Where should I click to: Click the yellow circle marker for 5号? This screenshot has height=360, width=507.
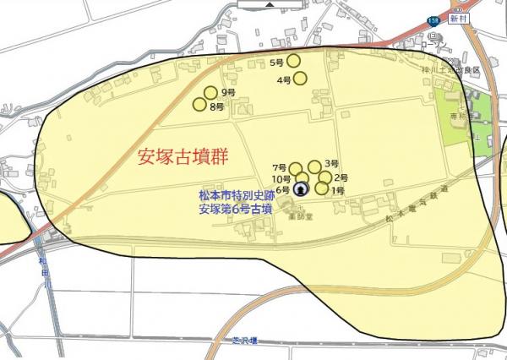[x=294, y=60]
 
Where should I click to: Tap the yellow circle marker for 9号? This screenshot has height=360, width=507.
[x=210, y=93]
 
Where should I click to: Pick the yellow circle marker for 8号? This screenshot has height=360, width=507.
[x=200, y=105]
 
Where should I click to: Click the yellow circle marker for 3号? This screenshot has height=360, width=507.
[x=314, y=166]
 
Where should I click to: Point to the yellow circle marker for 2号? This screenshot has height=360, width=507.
[x=324, y=177]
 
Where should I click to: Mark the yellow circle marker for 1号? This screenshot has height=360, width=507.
[x=322, y=188]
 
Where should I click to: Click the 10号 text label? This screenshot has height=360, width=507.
[x=281, y=180]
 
